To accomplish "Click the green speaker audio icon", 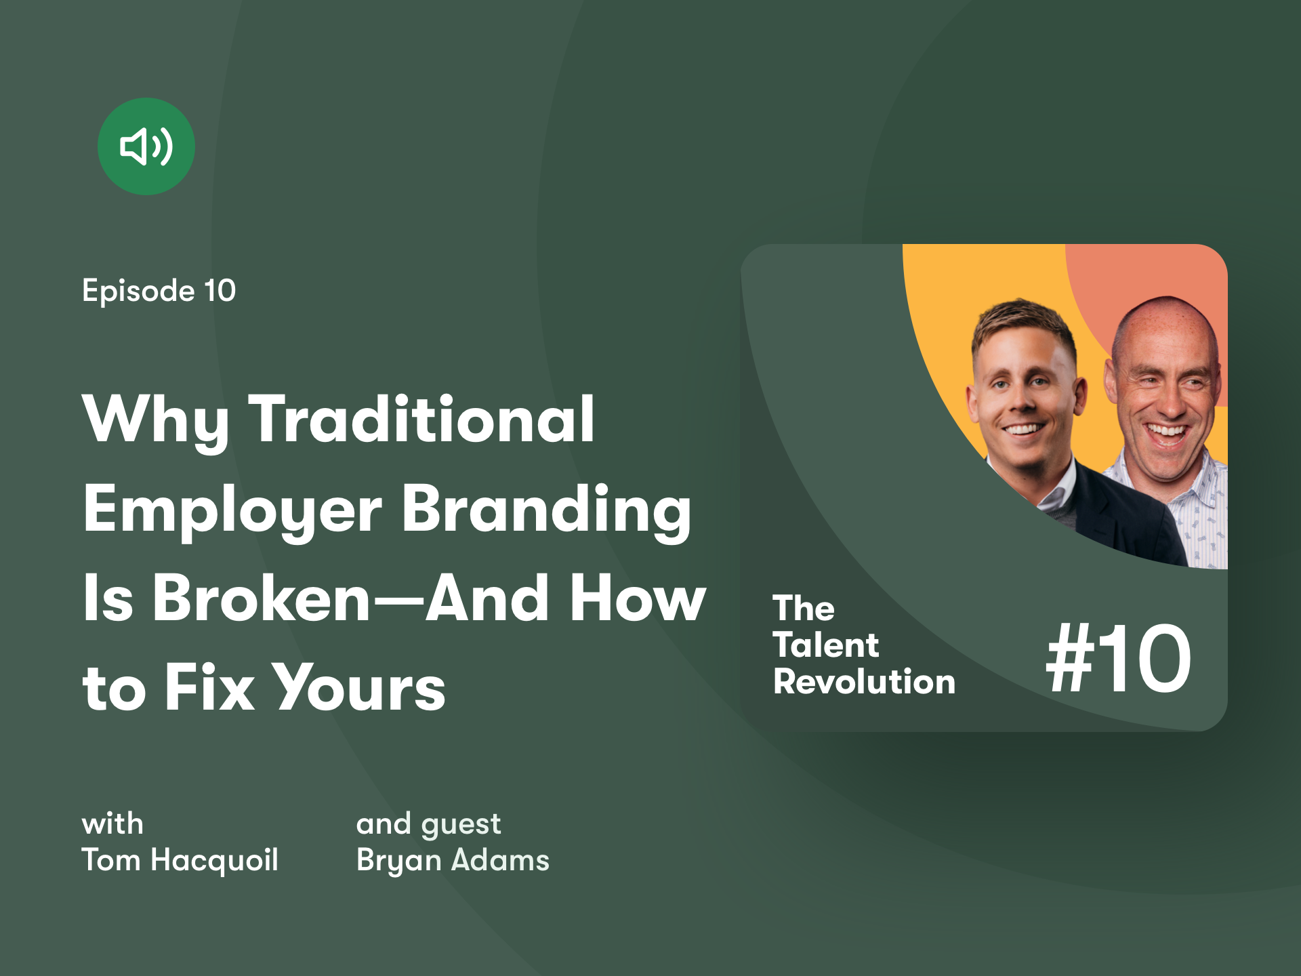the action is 146,146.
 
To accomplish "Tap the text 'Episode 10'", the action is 159,291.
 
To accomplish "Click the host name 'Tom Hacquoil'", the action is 180,861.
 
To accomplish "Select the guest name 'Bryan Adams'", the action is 453,861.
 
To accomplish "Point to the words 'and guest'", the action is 428,825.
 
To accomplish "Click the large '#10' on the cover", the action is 1119,659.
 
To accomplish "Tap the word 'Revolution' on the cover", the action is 865,682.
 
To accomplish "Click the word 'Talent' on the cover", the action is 826,645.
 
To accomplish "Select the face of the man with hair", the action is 1023,393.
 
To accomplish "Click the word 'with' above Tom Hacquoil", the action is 112,824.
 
